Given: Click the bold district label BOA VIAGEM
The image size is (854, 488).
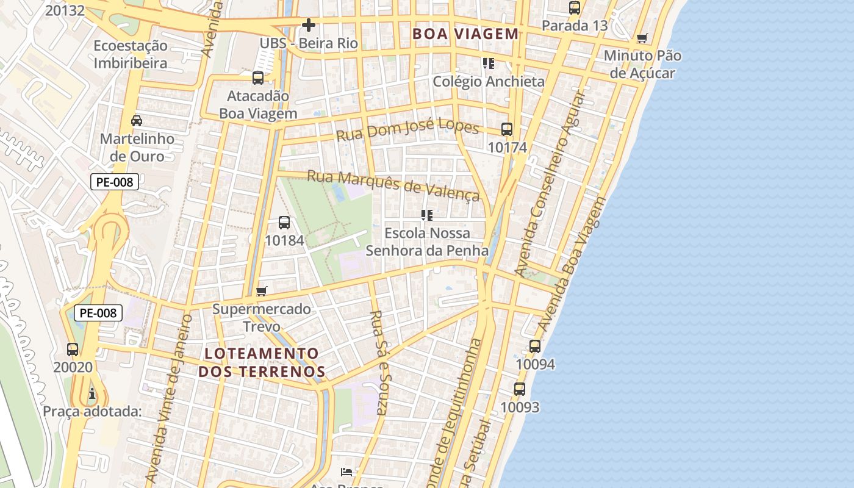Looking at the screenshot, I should [465, 34].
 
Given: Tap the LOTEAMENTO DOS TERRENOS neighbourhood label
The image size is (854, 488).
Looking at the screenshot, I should [262, 362].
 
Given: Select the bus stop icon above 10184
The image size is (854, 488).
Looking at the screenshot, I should [284, 223].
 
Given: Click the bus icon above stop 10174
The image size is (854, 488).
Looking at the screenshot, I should [507, 129].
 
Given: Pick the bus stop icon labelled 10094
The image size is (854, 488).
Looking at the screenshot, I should [535, 346].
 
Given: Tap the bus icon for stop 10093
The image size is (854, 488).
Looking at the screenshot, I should [520, 389].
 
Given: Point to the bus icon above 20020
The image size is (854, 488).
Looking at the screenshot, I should [73, 350].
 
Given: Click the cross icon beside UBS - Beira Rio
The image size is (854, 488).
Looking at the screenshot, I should [309, 25].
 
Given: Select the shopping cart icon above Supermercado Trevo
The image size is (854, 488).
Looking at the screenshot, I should [262, 291].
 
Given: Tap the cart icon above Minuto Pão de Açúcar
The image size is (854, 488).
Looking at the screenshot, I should [642, 38].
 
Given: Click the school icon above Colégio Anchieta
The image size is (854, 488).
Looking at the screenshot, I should [488, 63].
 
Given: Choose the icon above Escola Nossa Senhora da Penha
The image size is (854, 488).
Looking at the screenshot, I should [427, 215].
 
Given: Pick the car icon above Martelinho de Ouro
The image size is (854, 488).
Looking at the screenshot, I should [137, 121].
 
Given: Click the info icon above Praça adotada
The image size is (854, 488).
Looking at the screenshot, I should [92, 393].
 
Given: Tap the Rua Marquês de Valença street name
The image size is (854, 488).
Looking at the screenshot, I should [393, 184].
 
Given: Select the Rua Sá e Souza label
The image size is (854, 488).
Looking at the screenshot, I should [379, 362].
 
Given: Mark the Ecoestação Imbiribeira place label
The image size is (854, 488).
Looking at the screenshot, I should [131, 54].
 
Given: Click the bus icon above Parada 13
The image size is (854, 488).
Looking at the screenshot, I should [575, 8].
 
